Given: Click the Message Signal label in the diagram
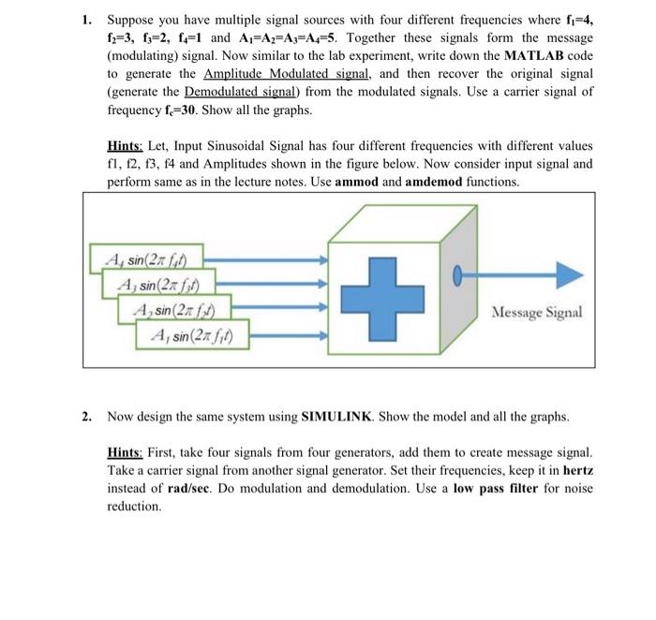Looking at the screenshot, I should (x=536, y=312).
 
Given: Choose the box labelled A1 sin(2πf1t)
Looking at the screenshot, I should (x=197, y=333).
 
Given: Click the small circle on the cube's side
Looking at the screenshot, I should (x=457, y=274).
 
